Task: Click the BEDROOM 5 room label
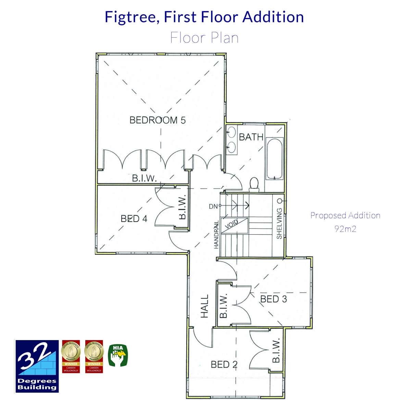(x=158, y=120)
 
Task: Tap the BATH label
(x=251, y=137)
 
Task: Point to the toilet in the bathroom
(x=254, y=184)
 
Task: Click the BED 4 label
(x=134, y=219)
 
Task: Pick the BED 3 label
(x=273, y=299)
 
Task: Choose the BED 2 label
(x=224, y=364)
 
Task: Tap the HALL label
(x=204, y=306)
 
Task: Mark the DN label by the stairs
(x=213, y=207)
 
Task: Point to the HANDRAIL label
(x=216, y=235)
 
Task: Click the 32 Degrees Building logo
(x=37, y=366)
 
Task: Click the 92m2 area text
(x=345, y=229)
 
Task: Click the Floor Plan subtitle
(x=204, y=38)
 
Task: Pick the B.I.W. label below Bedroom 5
(x=144, y=178)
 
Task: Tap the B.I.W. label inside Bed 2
(x=276, y=350)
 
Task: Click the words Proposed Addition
(x=345, y=215)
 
